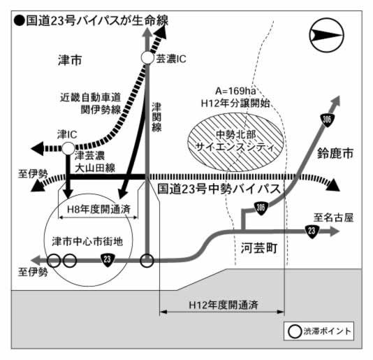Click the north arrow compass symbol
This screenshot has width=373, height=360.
coord(326,35)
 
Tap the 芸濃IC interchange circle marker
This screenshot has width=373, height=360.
coord(147,58)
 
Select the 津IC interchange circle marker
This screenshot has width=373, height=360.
coord(68,148)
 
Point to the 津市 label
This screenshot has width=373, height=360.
coord(70,60)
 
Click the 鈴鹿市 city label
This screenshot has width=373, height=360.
coord(335,153)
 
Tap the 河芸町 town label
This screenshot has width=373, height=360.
coord(259,248)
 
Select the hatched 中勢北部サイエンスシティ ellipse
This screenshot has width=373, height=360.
coord(235,142)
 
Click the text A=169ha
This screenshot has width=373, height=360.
coord(235,91)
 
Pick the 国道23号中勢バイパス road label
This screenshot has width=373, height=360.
coord(219,189)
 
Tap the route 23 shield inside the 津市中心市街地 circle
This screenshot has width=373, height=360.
coord(108,259)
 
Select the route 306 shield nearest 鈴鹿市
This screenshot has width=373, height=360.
coord(328,120)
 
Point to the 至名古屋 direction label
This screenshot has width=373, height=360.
coord(333,217)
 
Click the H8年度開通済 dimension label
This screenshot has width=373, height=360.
coord(98,209)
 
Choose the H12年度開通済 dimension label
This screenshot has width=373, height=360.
coord(224,305)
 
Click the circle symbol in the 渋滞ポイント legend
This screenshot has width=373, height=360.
coord(295,331)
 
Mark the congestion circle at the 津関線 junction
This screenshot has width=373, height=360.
coord(147,261)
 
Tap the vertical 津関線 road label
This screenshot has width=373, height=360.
coord(156,117)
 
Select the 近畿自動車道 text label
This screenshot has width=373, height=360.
coord(90,97)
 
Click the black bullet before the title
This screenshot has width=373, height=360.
coord(20,21)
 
